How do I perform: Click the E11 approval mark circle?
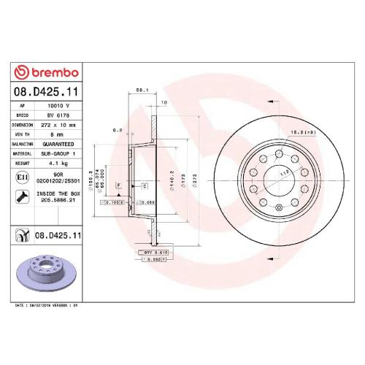22,177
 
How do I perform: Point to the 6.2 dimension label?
116,131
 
